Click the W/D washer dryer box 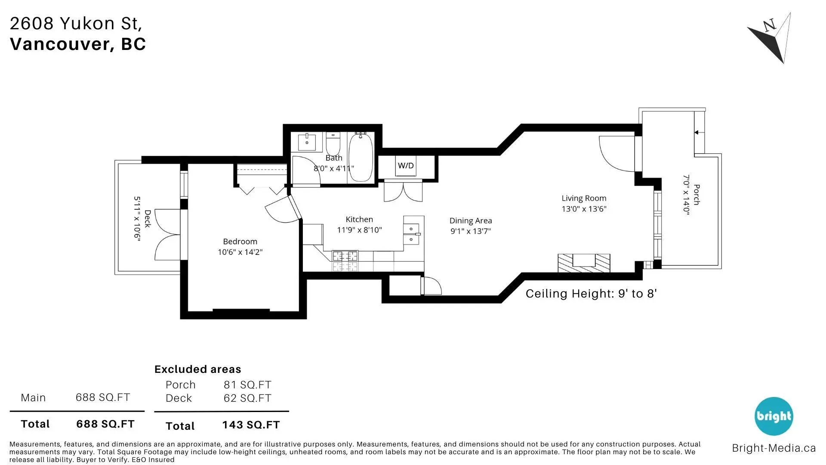(x=406, y=166)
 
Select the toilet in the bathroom (x=333, y=142)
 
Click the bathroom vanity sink (x=307, y=142)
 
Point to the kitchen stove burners (x=345, y=261)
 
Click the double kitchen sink (x=411, y=234)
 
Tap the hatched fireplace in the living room (x=584, y=263)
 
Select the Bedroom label (x=240, y=242)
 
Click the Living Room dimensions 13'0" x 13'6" (x=584, y=209)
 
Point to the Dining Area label (x=471, y=221)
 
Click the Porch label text (x=697, y=195)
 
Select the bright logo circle (x=774, y=416)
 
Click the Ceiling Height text (x=591, y=294)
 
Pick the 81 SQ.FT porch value (x=247, y=384)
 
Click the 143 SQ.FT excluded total (x=251, y=425)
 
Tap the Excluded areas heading (x=198, y=369)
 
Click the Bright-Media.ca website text (x=774, y=448)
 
